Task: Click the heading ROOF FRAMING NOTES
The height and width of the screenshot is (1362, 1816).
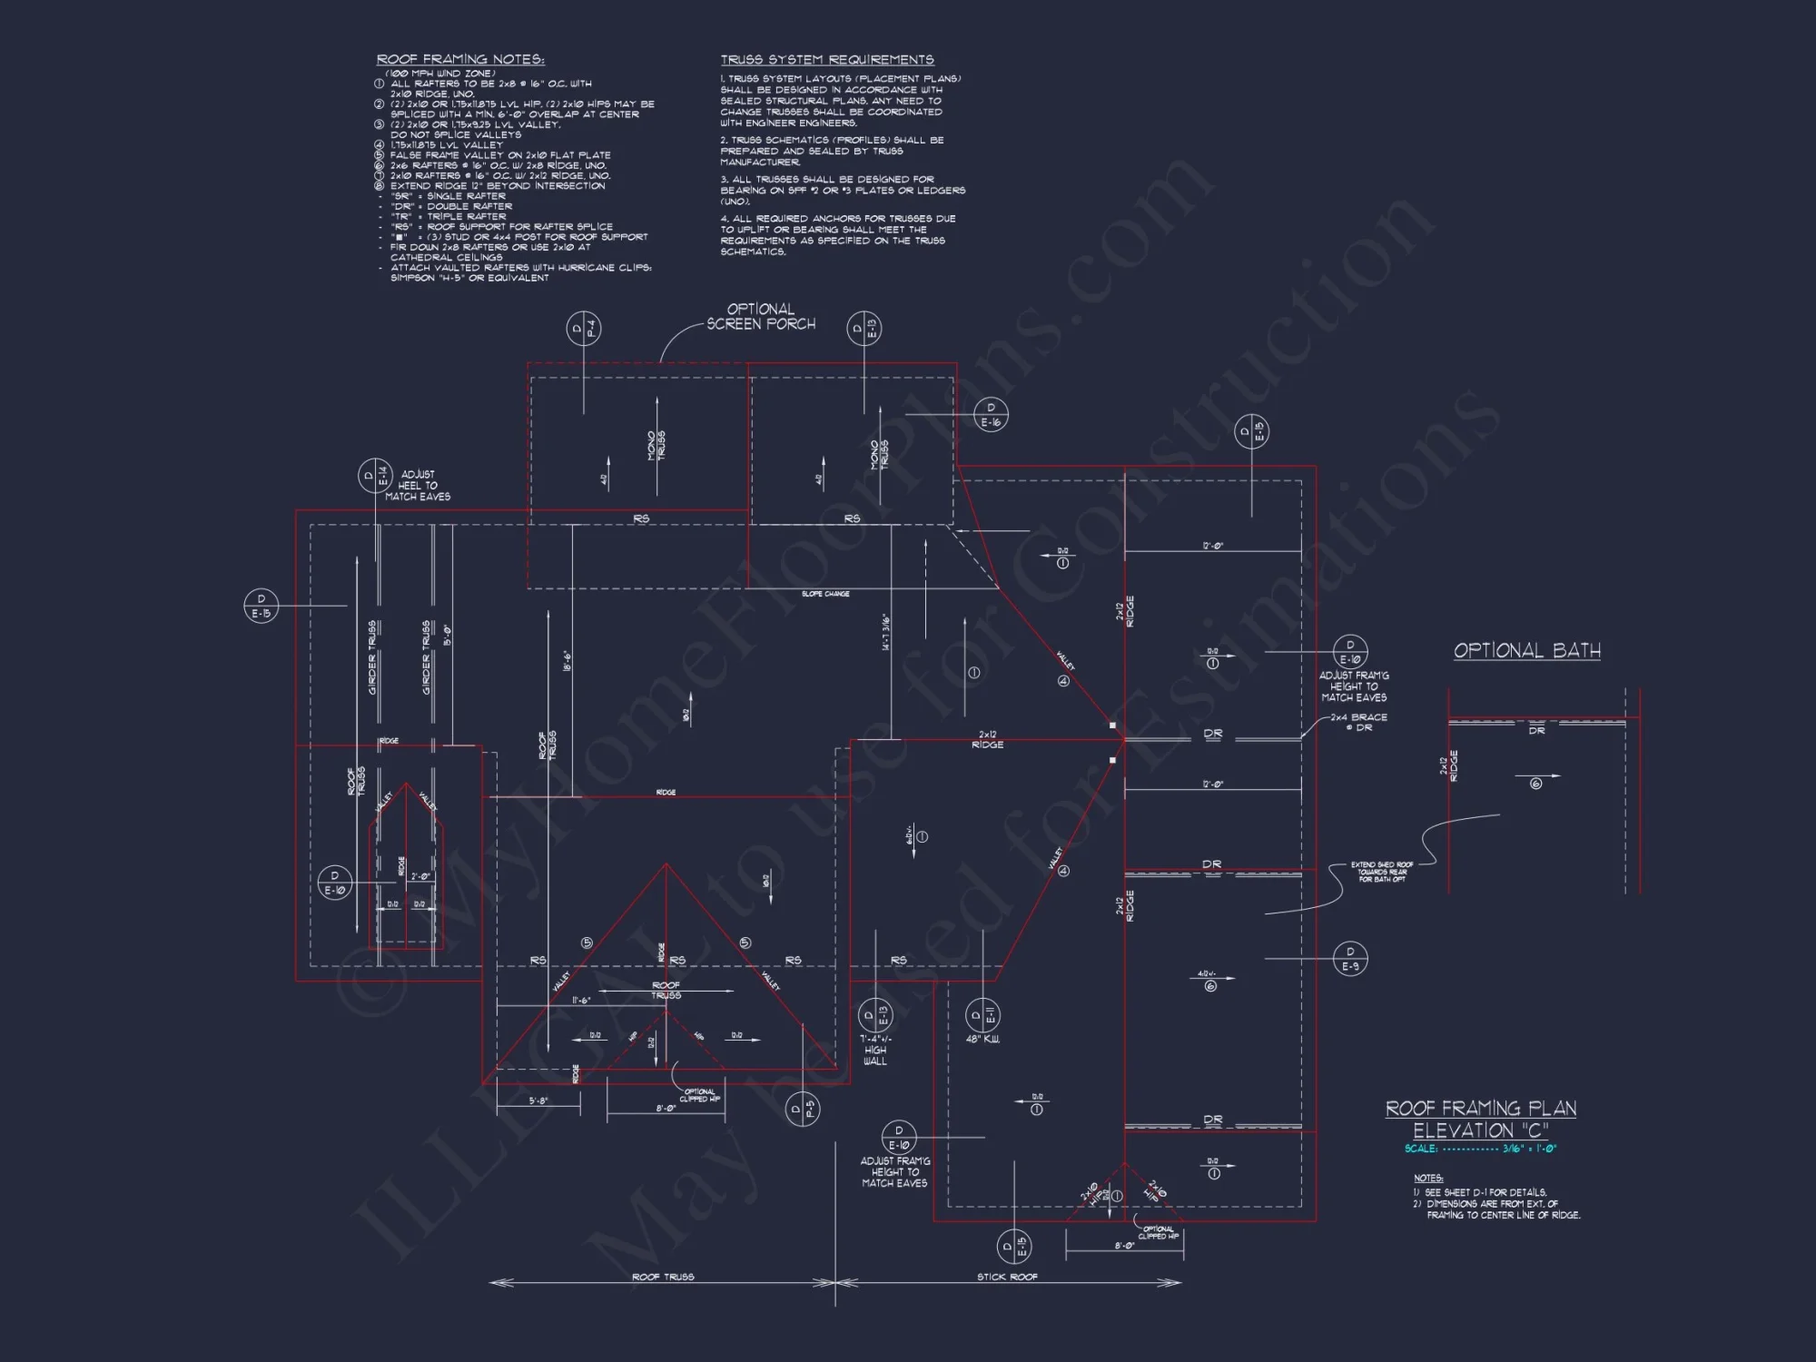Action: tap(460, 60)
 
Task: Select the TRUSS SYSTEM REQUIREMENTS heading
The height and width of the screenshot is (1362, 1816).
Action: tap(827, 60)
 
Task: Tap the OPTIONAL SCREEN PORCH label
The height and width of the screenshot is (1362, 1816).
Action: tap(761, 317)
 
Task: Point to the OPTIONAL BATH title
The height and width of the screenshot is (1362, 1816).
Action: tap(1527, 650)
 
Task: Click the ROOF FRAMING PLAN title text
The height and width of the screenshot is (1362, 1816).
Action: tap(1481, 1109)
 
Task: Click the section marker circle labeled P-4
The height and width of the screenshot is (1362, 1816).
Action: tap(584, 329)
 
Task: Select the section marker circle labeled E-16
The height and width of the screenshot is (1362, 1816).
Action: tap(991, 415)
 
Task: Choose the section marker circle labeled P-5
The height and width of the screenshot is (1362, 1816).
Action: tap(803, 1109)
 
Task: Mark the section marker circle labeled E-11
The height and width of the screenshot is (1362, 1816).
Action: tap(982, 1015)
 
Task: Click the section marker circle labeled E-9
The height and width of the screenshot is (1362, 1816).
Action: tap(1350, 959)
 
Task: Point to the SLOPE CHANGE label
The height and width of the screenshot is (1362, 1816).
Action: tap(825, 594)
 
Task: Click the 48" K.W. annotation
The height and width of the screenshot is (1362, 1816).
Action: tap(982, 1040)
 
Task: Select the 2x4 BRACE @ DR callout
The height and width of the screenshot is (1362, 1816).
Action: tap(1359, 723)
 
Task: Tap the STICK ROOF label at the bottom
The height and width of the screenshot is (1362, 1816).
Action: tap(1007, 1277)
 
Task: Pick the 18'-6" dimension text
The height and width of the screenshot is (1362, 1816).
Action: tap(567, 661)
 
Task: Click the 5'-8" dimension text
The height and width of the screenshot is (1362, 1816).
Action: tap(538, 1101)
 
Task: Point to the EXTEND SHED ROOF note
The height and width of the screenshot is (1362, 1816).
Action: tap(1381, 872)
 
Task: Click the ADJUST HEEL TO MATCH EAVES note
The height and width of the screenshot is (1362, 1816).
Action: tap(418, 486)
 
